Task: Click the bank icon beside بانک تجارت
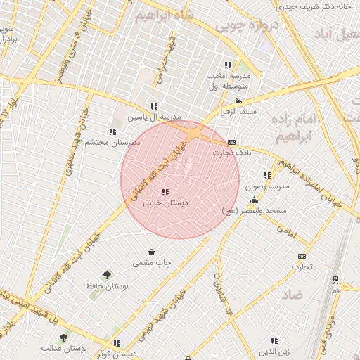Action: [232, 142]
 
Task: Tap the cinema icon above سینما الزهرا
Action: [239, 101]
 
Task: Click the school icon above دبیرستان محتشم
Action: [112, 131]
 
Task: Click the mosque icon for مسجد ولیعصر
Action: [254, 201]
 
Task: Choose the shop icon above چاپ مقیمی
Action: [153, 252]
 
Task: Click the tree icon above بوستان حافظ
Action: [107, 275]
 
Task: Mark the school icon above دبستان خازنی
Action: [165, 192]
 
